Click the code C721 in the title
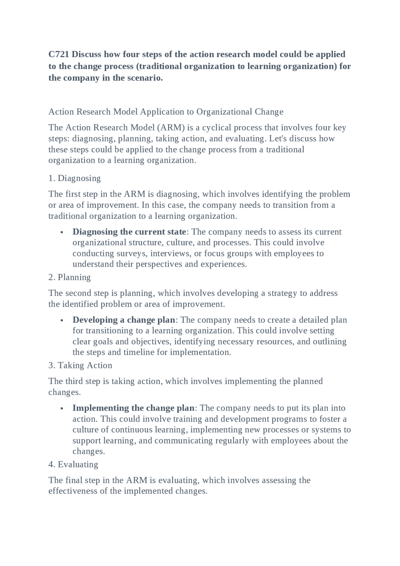(59, 54)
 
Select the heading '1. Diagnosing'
(74, 178)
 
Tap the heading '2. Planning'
(69, 277)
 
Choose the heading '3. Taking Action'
(80, 365)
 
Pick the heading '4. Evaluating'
(73, 464)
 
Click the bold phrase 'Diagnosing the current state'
(129, 232)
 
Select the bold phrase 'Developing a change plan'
(124, 320)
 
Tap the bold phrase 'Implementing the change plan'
(133, 408)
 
